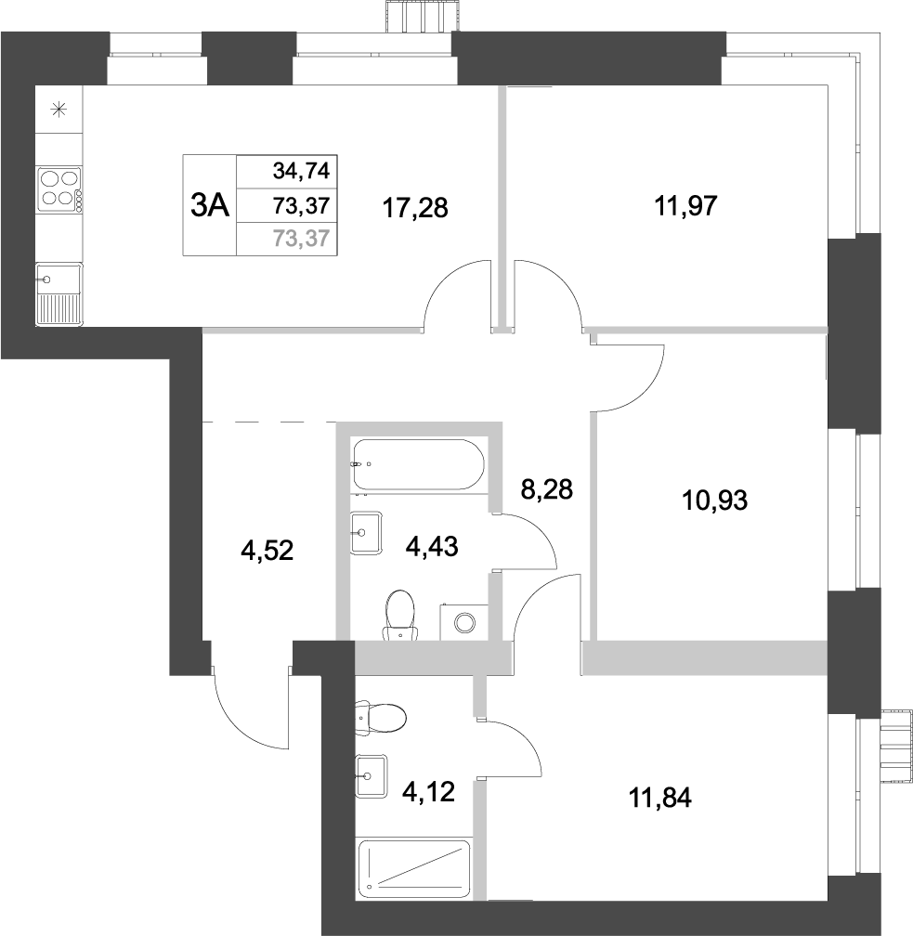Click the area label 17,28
416,208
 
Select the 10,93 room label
715,501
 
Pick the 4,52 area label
267,552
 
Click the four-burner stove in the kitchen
59,188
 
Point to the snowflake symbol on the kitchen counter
59,110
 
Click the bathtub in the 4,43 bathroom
419,466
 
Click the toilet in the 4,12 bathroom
383,717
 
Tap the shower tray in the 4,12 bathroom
414,867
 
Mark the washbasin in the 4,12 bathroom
372,773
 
